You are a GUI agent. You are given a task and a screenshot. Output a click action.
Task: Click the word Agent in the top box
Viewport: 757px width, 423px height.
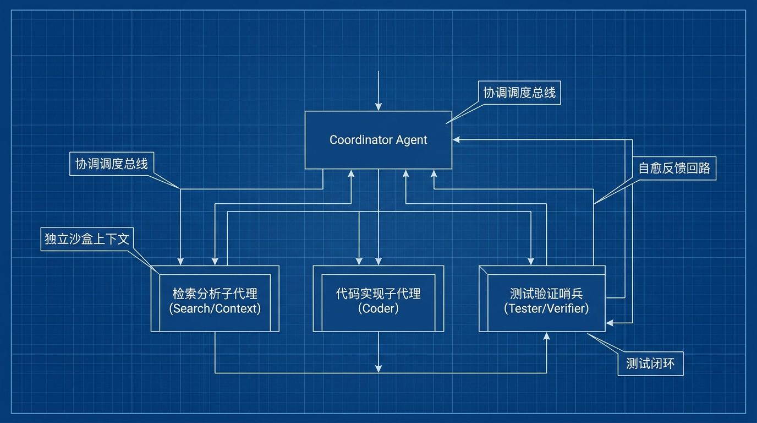pyautogui.click(x=412, y=140)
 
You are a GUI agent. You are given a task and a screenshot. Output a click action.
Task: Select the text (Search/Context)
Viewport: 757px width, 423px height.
pyautogui.click(x=215, y=308)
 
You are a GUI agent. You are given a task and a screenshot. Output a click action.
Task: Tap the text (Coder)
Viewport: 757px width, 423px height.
pyautogui.click(x=378, y=308)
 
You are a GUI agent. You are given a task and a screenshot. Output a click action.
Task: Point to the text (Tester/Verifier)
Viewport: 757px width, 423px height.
pyautogui.click(x=546, y=308)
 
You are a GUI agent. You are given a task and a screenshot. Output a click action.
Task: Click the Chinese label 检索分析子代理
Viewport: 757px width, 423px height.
pyautogui.click(x=215, y=294)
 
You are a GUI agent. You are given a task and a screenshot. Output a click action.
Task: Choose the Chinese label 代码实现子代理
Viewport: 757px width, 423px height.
pyautogui.click(x=378, y=294)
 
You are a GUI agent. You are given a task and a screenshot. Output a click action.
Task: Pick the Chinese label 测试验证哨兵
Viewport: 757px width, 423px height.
pyautogui.click(x=546, y=294)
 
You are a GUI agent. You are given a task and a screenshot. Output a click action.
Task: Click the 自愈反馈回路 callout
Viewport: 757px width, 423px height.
pyautogui.click(x=674, y=168)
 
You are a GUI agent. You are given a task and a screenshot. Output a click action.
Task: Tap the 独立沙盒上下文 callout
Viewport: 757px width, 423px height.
pyautogui.click(x=87, y=239)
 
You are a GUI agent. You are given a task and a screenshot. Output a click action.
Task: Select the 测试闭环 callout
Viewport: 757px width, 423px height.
pyautogui.click(x=650, y=364)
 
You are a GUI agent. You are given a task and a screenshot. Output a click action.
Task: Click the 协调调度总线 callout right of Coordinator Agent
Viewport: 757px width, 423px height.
pyautogui.click(x=519, y=93)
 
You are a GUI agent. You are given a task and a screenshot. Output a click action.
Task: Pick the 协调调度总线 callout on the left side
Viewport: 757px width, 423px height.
pyautogui.click(x=112, y=164)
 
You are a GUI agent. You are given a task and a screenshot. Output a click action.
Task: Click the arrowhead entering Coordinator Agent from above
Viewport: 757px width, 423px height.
pyautogui.click(x=378, y=107)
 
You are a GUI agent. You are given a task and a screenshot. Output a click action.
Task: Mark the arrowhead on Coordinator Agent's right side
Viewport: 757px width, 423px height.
pyautogui.click(x=456, y=140)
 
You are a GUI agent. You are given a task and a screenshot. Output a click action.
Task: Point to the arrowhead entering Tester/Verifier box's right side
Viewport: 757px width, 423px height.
pyautogui.click(x=610, y=323)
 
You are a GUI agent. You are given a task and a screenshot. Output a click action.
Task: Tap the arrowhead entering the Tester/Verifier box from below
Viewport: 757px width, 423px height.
pyautogui.click(x=546, y=335)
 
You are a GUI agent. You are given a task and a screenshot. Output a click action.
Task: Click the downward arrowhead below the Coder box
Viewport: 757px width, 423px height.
pyautogui.click(x=378, y=368)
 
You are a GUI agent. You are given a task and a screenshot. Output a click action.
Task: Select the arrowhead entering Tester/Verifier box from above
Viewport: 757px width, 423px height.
pyautogui.click(x=531, y=261)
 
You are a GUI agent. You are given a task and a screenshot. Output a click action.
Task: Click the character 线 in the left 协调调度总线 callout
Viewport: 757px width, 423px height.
pyautogui.click(x=142, y=164)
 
